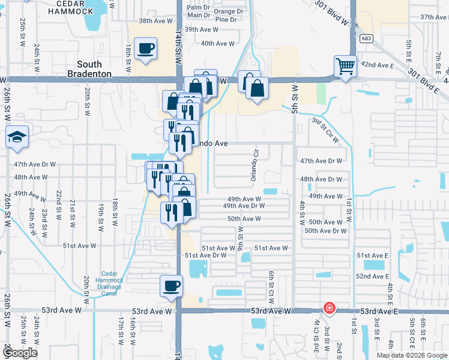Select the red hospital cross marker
click(329, 308)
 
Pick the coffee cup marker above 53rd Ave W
click(171, 285)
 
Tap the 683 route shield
click(366, 38)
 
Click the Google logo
click(19, 353)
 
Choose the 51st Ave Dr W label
click(205, 256)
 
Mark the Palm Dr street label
click(199, 7)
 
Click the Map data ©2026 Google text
click(411, 355)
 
